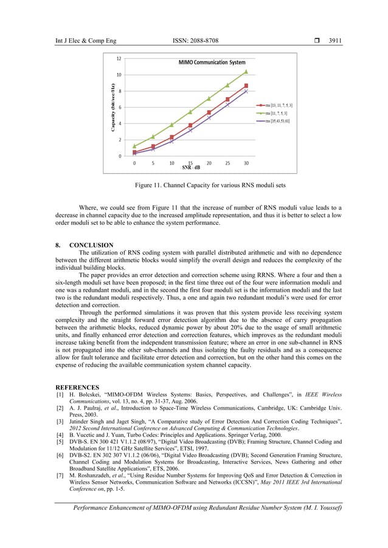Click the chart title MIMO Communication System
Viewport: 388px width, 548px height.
[x=212, y=63]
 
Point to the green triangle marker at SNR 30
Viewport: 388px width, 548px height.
[x=246, y=72]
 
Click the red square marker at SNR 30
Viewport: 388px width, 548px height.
[x=246, y=86]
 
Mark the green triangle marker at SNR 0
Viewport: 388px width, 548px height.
[x=134, y=146]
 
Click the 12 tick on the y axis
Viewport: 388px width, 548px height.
[x=119, y=58]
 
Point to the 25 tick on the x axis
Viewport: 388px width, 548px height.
[x=227, y=163]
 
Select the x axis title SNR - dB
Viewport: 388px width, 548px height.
[x=191, y=167]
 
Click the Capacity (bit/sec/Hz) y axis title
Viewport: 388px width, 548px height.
[x=113, y=108]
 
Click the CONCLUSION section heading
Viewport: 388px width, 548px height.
[x=91, y=245]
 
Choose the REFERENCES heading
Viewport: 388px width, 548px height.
[x=78, y=386]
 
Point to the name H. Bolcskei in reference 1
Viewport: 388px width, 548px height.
[x=83, y=394]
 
